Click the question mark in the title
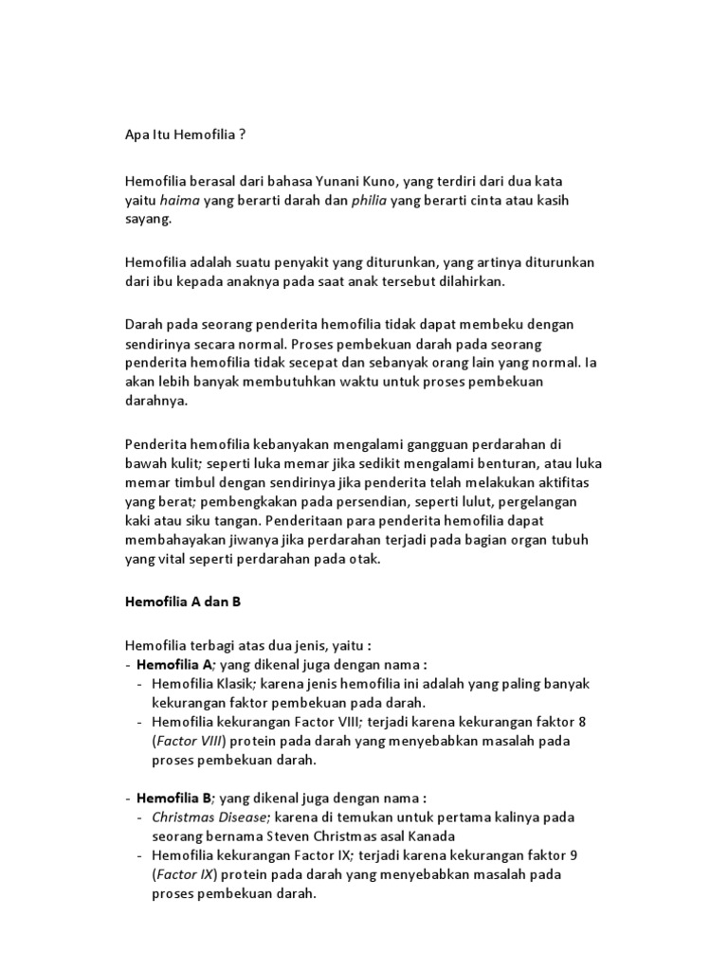pyautogui.click(x=242, y=135)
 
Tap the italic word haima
pyautogui.click(x=179, y=200)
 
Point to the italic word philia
pyautogui.click(x=369, y=200)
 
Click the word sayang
pyautogui.click(x=148, y=220)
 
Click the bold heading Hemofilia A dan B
pyautogui.click(x=184, y=602)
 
